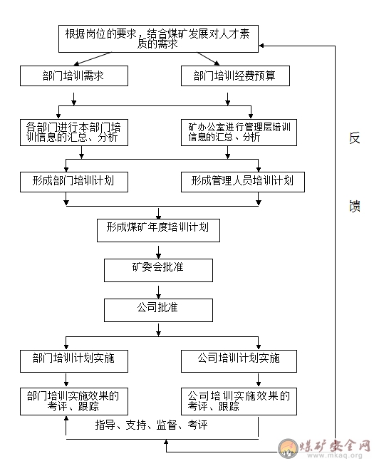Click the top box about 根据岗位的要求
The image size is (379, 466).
158,38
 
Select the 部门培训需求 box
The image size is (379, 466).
74,76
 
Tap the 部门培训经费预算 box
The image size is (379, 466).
235,76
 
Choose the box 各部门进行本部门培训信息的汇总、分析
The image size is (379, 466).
74,133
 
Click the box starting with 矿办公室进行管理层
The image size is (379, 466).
239,133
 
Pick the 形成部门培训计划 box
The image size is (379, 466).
74,182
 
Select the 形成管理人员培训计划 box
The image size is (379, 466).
242,182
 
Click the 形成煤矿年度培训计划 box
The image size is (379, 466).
158,230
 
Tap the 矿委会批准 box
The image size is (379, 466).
158,270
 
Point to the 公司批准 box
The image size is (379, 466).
158,310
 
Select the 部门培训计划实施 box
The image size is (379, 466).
74,361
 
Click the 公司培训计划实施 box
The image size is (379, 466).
239,361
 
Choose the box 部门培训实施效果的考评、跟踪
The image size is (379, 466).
74,401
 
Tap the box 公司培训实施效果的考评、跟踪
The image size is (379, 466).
239,401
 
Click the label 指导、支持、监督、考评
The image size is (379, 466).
151,425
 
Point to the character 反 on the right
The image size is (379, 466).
354,138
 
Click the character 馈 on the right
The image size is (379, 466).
354,206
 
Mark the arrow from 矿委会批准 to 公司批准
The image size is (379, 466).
158,292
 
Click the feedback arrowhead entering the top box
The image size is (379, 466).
261,46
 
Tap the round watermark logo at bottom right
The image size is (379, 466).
288,448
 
